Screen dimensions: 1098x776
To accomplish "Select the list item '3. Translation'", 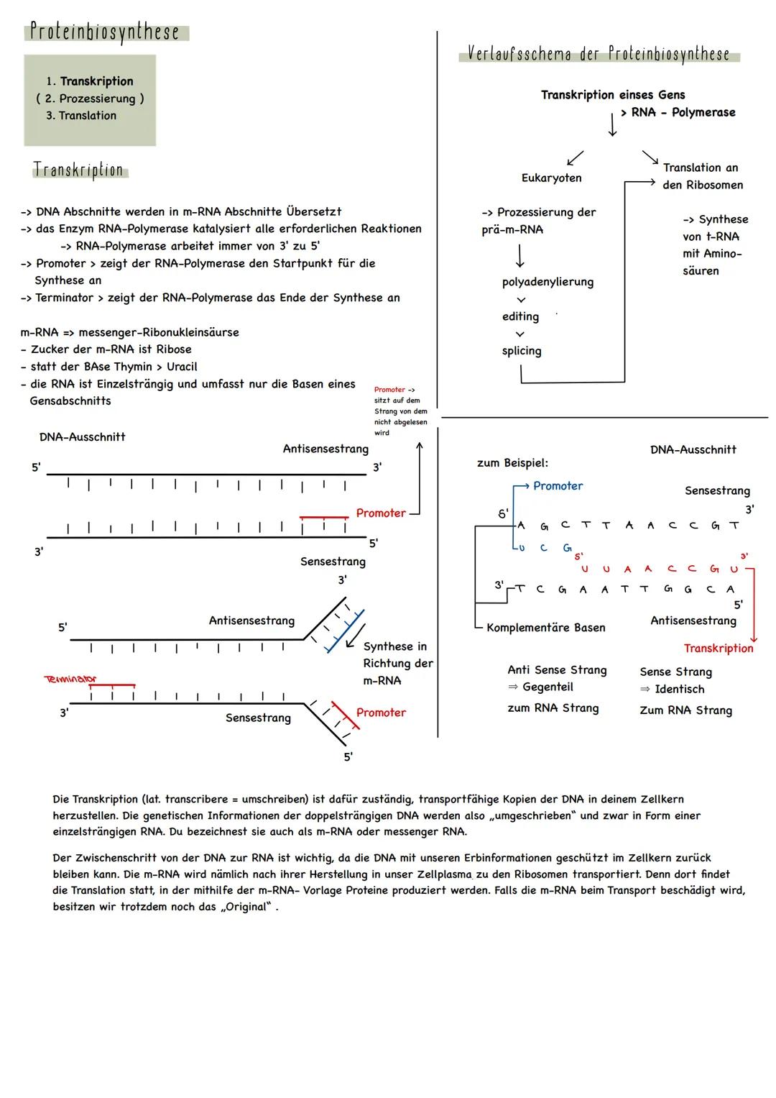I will pos(81,116).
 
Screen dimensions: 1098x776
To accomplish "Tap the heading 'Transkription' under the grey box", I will pos(78,170).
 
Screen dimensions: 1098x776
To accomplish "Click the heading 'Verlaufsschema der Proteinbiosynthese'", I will pos(599,54).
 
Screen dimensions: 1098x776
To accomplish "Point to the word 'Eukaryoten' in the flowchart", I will pos(551,178).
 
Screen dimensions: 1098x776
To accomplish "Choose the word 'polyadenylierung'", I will pos(548,282).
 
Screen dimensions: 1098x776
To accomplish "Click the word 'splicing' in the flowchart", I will pos(522,351).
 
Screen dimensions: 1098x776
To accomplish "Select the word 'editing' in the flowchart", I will pos(520,316).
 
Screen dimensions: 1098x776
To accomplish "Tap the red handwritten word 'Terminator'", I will pos(70,679).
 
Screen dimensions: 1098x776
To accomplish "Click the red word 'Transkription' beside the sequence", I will pos(718,649).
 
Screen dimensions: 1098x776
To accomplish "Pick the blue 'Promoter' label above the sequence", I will pos(558,486).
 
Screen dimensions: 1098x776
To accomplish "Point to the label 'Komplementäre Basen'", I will pos(545,628).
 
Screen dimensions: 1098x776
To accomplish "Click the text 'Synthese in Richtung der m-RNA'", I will pos(397,664).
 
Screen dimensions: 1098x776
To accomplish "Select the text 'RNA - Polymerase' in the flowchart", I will pos(683,113).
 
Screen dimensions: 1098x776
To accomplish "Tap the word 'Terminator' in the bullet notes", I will pos(65,298).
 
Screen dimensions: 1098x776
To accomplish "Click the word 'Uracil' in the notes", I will pos(182,367).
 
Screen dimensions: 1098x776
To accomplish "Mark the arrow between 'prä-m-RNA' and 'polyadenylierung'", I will pos(519,256).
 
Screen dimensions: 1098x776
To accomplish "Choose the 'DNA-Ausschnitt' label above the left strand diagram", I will pos(82,437).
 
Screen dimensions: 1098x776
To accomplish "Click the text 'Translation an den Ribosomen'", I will pos(702,176).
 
